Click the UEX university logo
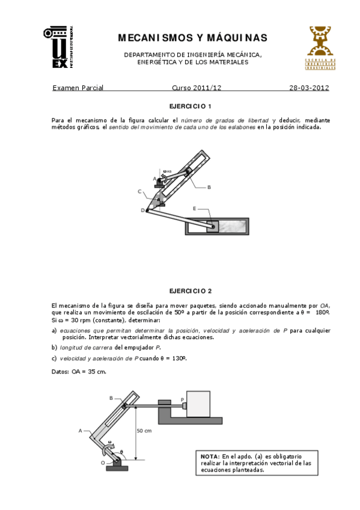(x=58, y=46)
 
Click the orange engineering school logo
(x=319, y=48)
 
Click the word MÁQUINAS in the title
(x=233, y=38)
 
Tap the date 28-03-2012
(x=308, y=88)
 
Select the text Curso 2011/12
(x=197, y=88)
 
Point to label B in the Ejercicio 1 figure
(x=209, y=187)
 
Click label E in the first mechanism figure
(x=195, y=208)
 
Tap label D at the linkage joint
(x=142, y=210)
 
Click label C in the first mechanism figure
(x=139, y=192)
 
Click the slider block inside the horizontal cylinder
(x=213, y=226)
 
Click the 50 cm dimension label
(x=144, y=431)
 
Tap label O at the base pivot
(x=103, y=462)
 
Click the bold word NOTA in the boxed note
(x=210, y=456)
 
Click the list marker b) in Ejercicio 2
(x=54, y=348)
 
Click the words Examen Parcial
(x=78, y=88)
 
